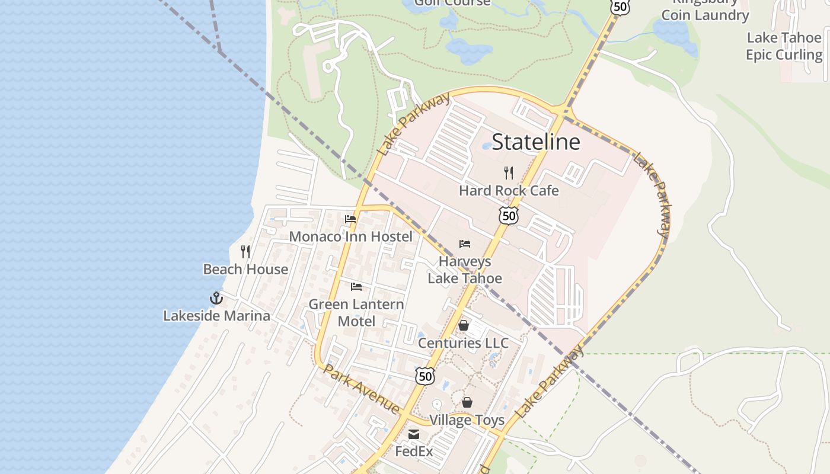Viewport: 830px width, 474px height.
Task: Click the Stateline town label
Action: [x=536, y=142]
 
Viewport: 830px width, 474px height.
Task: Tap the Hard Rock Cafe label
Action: [x=509, y=191]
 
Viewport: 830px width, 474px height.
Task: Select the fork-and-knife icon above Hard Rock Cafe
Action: [x=508, y=173]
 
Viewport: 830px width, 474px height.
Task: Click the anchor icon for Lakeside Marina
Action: [x=216, y=298]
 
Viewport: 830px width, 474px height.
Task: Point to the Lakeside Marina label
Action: [x=216, y=316]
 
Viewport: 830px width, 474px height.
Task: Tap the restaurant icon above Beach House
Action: [x=245, y=252]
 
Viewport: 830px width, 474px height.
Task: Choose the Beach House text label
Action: [x=245, y=269]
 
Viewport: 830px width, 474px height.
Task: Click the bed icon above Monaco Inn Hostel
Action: [x=350, y=219]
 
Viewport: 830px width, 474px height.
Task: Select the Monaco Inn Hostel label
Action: [x=350, y=237]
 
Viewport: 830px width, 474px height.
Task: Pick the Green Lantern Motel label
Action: [x=356, y=313]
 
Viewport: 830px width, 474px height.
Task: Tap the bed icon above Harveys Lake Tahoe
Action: [x=465, y=244]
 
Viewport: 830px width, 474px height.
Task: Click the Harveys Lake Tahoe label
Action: [x=465, y=270]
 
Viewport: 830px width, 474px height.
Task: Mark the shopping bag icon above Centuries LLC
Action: [x=464, y=325]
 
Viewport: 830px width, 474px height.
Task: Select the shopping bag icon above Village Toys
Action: [x=467, y=403]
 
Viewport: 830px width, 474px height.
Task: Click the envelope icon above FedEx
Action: [x=414, y=435]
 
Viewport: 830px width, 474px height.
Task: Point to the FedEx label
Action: [x=414, y=451]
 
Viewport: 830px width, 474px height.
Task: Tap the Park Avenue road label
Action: [x=362, y=389]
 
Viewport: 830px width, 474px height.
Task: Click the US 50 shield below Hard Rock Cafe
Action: [x=509, y=216]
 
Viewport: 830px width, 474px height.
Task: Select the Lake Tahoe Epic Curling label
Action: [x=784, y=46]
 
